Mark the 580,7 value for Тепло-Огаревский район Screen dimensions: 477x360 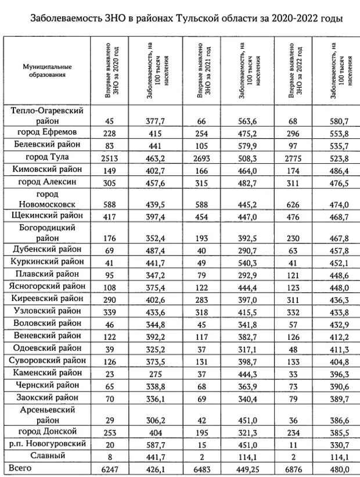click(336, 121)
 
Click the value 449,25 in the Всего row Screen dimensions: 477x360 click(251, 468)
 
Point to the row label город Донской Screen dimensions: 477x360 click(45, 432)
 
